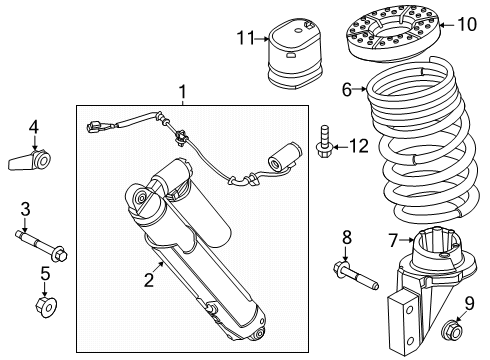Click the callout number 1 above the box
coord(182,92)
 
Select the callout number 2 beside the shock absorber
coord(149,280)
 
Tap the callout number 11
coord(246,38)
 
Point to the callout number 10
coord(467,24)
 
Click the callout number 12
coord(359,146)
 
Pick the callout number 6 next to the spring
coord(347,89)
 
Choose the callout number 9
coord(469,304)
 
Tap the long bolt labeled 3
coord(41,247)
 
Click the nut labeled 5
coord(46,306)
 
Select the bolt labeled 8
coord(356,276)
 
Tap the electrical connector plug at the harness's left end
coord(97,127)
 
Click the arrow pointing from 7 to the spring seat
coord(407,240)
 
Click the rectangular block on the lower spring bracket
coord(402,321)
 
